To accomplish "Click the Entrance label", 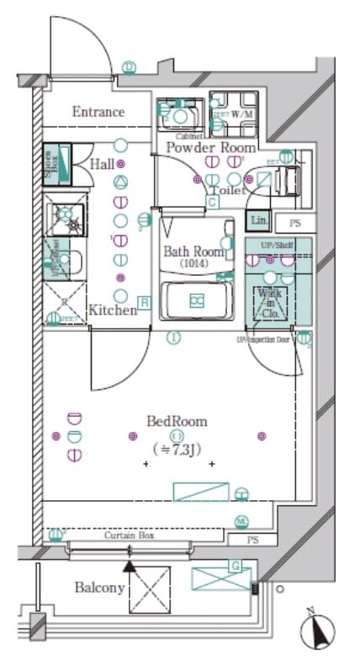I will (98, 112).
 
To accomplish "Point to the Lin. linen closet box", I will (257, 221).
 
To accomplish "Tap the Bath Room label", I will (193, 251).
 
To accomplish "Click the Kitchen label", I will (112, 310).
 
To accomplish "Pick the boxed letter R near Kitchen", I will (145, 303).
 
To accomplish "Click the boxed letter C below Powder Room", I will (213, 202).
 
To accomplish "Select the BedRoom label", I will (177, 422).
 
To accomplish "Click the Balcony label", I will (100, 588).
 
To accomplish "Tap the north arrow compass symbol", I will (317, 628).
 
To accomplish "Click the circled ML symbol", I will (242, 522).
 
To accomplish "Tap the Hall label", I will (101, 165).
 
